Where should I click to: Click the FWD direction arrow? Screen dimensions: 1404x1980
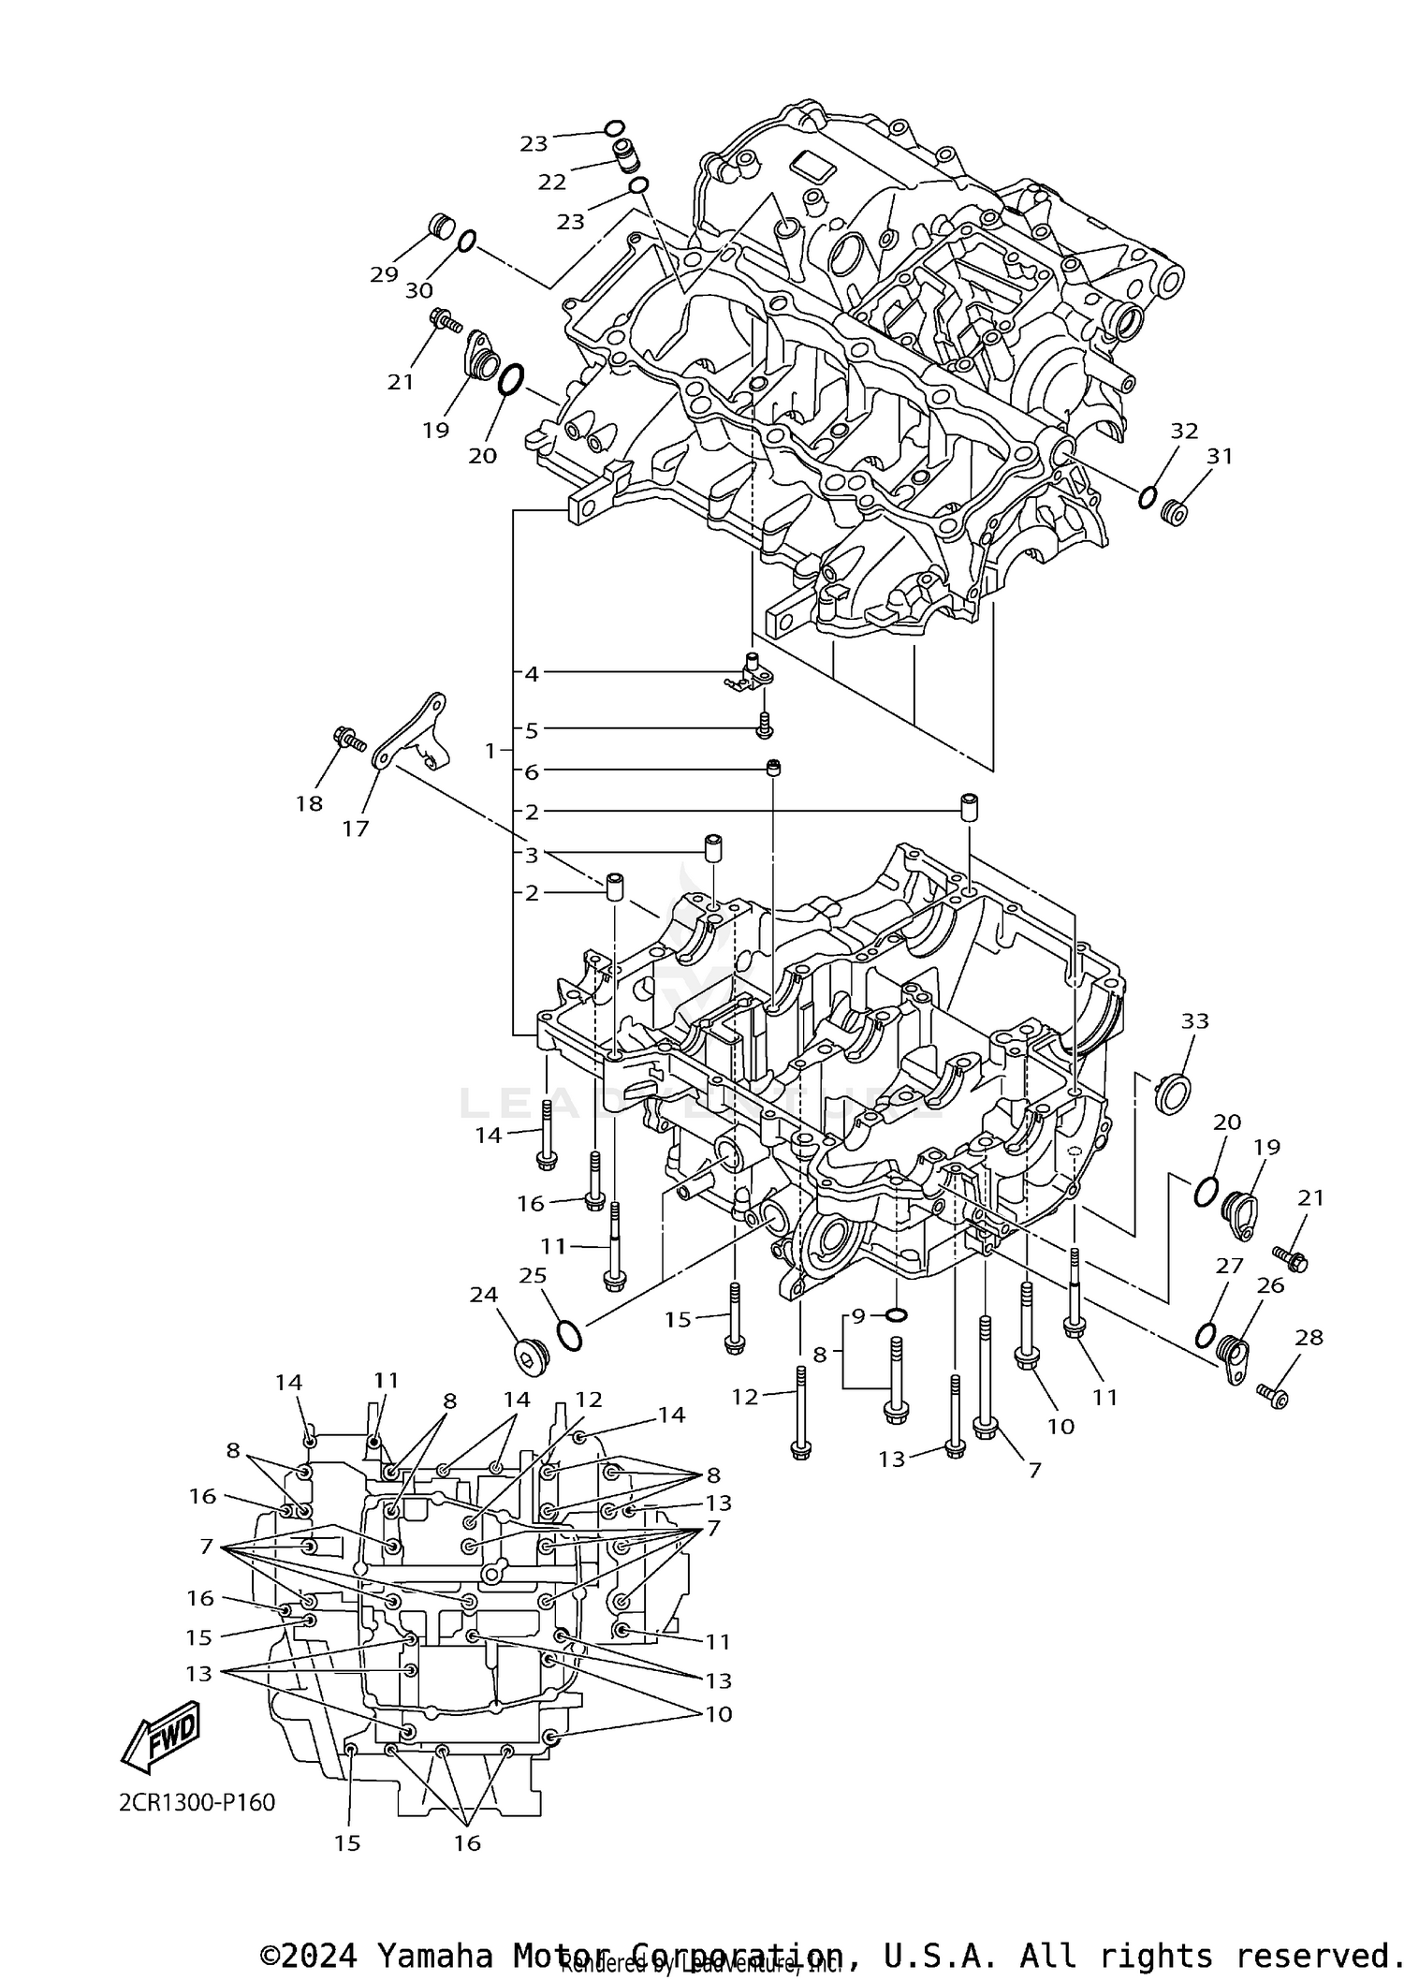click(161, 1737)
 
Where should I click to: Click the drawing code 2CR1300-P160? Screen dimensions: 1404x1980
click(197, 1802)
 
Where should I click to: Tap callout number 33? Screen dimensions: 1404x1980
click(1194, 1020)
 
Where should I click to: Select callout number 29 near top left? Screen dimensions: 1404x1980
click(384, 274)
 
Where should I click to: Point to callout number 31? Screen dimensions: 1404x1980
click(1220, 456)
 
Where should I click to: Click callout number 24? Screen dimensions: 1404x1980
click(484, 1295)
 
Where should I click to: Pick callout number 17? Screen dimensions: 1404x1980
click(356, 829)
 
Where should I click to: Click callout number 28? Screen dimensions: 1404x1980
click(1309, 1338)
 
